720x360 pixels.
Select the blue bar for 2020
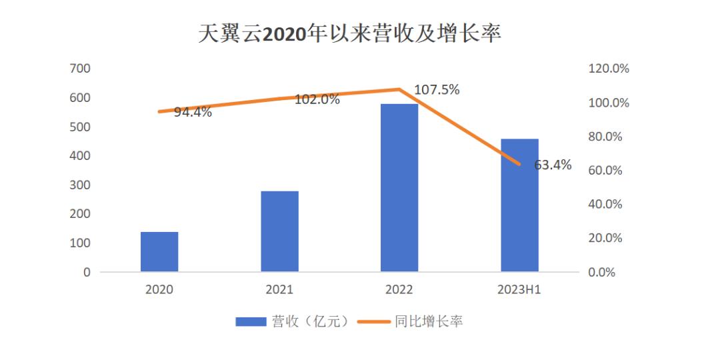[x=159, y=252]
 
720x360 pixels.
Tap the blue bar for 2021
[x=279, y=231]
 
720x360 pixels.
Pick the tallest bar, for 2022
[x=399, y=188]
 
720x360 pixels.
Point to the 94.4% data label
[x=193, y=113]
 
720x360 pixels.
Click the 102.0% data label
[x=317, y=100]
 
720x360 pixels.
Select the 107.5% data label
[x=437, y=90]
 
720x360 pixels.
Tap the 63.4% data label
[x=553, y=165]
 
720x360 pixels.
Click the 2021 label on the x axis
[x=279, y=290]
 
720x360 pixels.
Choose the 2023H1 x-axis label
[x=519, y=290]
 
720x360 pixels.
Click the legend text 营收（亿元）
[x=309, y=322]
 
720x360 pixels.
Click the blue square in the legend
[x=251, y=322]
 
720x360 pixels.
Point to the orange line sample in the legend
[x=373, y=322]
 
